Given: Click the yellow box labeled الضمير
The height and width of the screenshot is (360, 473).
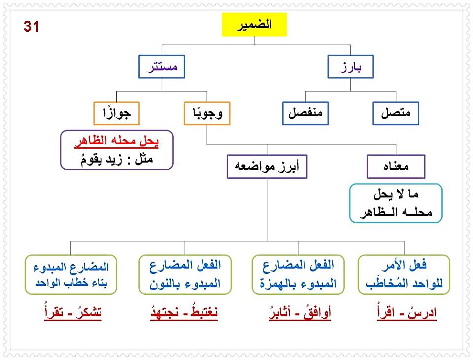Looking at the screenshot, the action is pyautogui.click(x=254, y=25).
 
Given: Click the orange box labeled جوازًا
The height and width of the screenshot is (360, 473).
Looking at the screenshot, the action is pyautogui.click(x=117, y=113).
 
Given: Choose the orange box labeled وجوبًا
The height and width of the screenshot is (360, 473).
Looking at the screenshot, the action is pyautogui.click(x=207, y=113).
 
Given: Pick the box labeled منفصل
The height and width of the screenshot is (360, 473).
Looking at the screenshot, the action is pyautogui.click(x=305, y=113).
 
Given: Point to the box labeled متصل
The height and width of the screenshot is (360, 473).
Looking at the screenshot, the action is pyautogui.click(x=396, y=113).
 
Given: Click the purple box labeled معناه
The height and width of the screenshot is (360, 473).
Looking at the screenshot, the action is pyautogui.click(x=396, y=167).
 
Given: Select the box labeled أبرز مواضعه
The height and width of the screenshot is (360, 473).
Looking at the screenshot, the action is pyautogui.click(x=267, y=167).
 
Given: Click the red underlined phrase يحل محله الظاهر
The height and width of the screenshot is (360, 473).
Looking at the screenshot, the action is pyautogui.click(x=117, y=142).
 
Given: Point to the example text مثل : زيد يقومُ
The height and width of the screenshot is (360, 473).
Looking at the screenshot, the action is pyautogui.click(x=117, y=159).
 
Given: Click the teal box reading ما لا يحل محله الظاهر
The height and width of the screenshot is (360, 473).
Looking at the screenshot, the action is pyautogui.click(x=396, y=203).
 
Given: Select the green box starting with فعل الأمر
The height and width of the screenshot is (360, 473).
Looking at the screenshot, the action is pyautogui.click(x=404, y=275).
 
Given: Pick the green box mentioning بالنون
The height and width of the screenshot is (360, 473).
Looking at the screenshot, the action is pyautogui.click(x=185, y=275).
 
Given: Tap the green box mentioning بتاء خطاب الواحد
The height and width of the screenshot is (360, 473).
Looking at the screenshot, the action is pyautogui.click(x=71, y=275).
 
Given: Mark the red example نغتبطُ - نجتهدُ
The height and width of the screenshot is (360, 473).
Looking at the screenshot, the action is pyautogui.click(x=184, y=314).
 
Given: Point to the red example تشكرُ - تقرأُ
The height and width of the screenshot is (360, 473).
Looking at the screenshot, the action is pyautogui.click(x=71, y=314).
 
